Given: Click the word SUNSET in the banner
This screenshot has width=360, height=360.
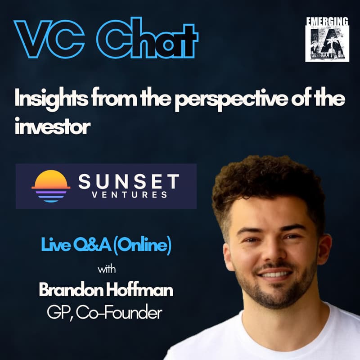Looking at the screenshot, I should click(x=129, y=181).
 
